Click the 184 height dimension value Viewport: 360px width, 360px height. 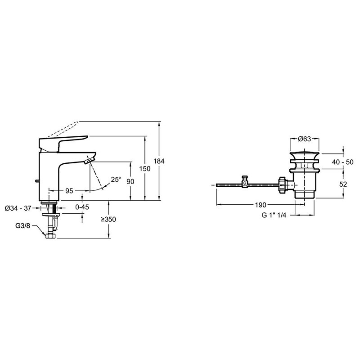(x=159, y=162)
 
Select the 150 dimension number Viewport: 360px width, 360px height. (x=145, y=169)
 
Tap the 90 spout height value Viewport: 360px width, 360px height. (x=130, y=182)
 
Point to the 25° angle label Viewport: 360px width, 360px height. (x=116, y=179)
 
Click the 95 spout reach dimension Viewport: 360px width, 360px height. (x=69, y=191)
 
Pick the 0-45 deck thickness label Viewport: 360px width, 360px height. (x=82, y=207)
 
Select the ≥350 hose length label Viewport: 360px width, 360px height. (x=108, y=220)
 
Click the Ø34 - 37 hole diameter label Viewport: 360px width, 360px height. (x=18, y=208)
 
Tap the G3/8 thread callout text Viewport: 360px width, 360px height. (x=22, y=226)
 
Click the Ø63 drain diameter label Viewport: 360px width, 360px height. (x=305, y=139)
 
